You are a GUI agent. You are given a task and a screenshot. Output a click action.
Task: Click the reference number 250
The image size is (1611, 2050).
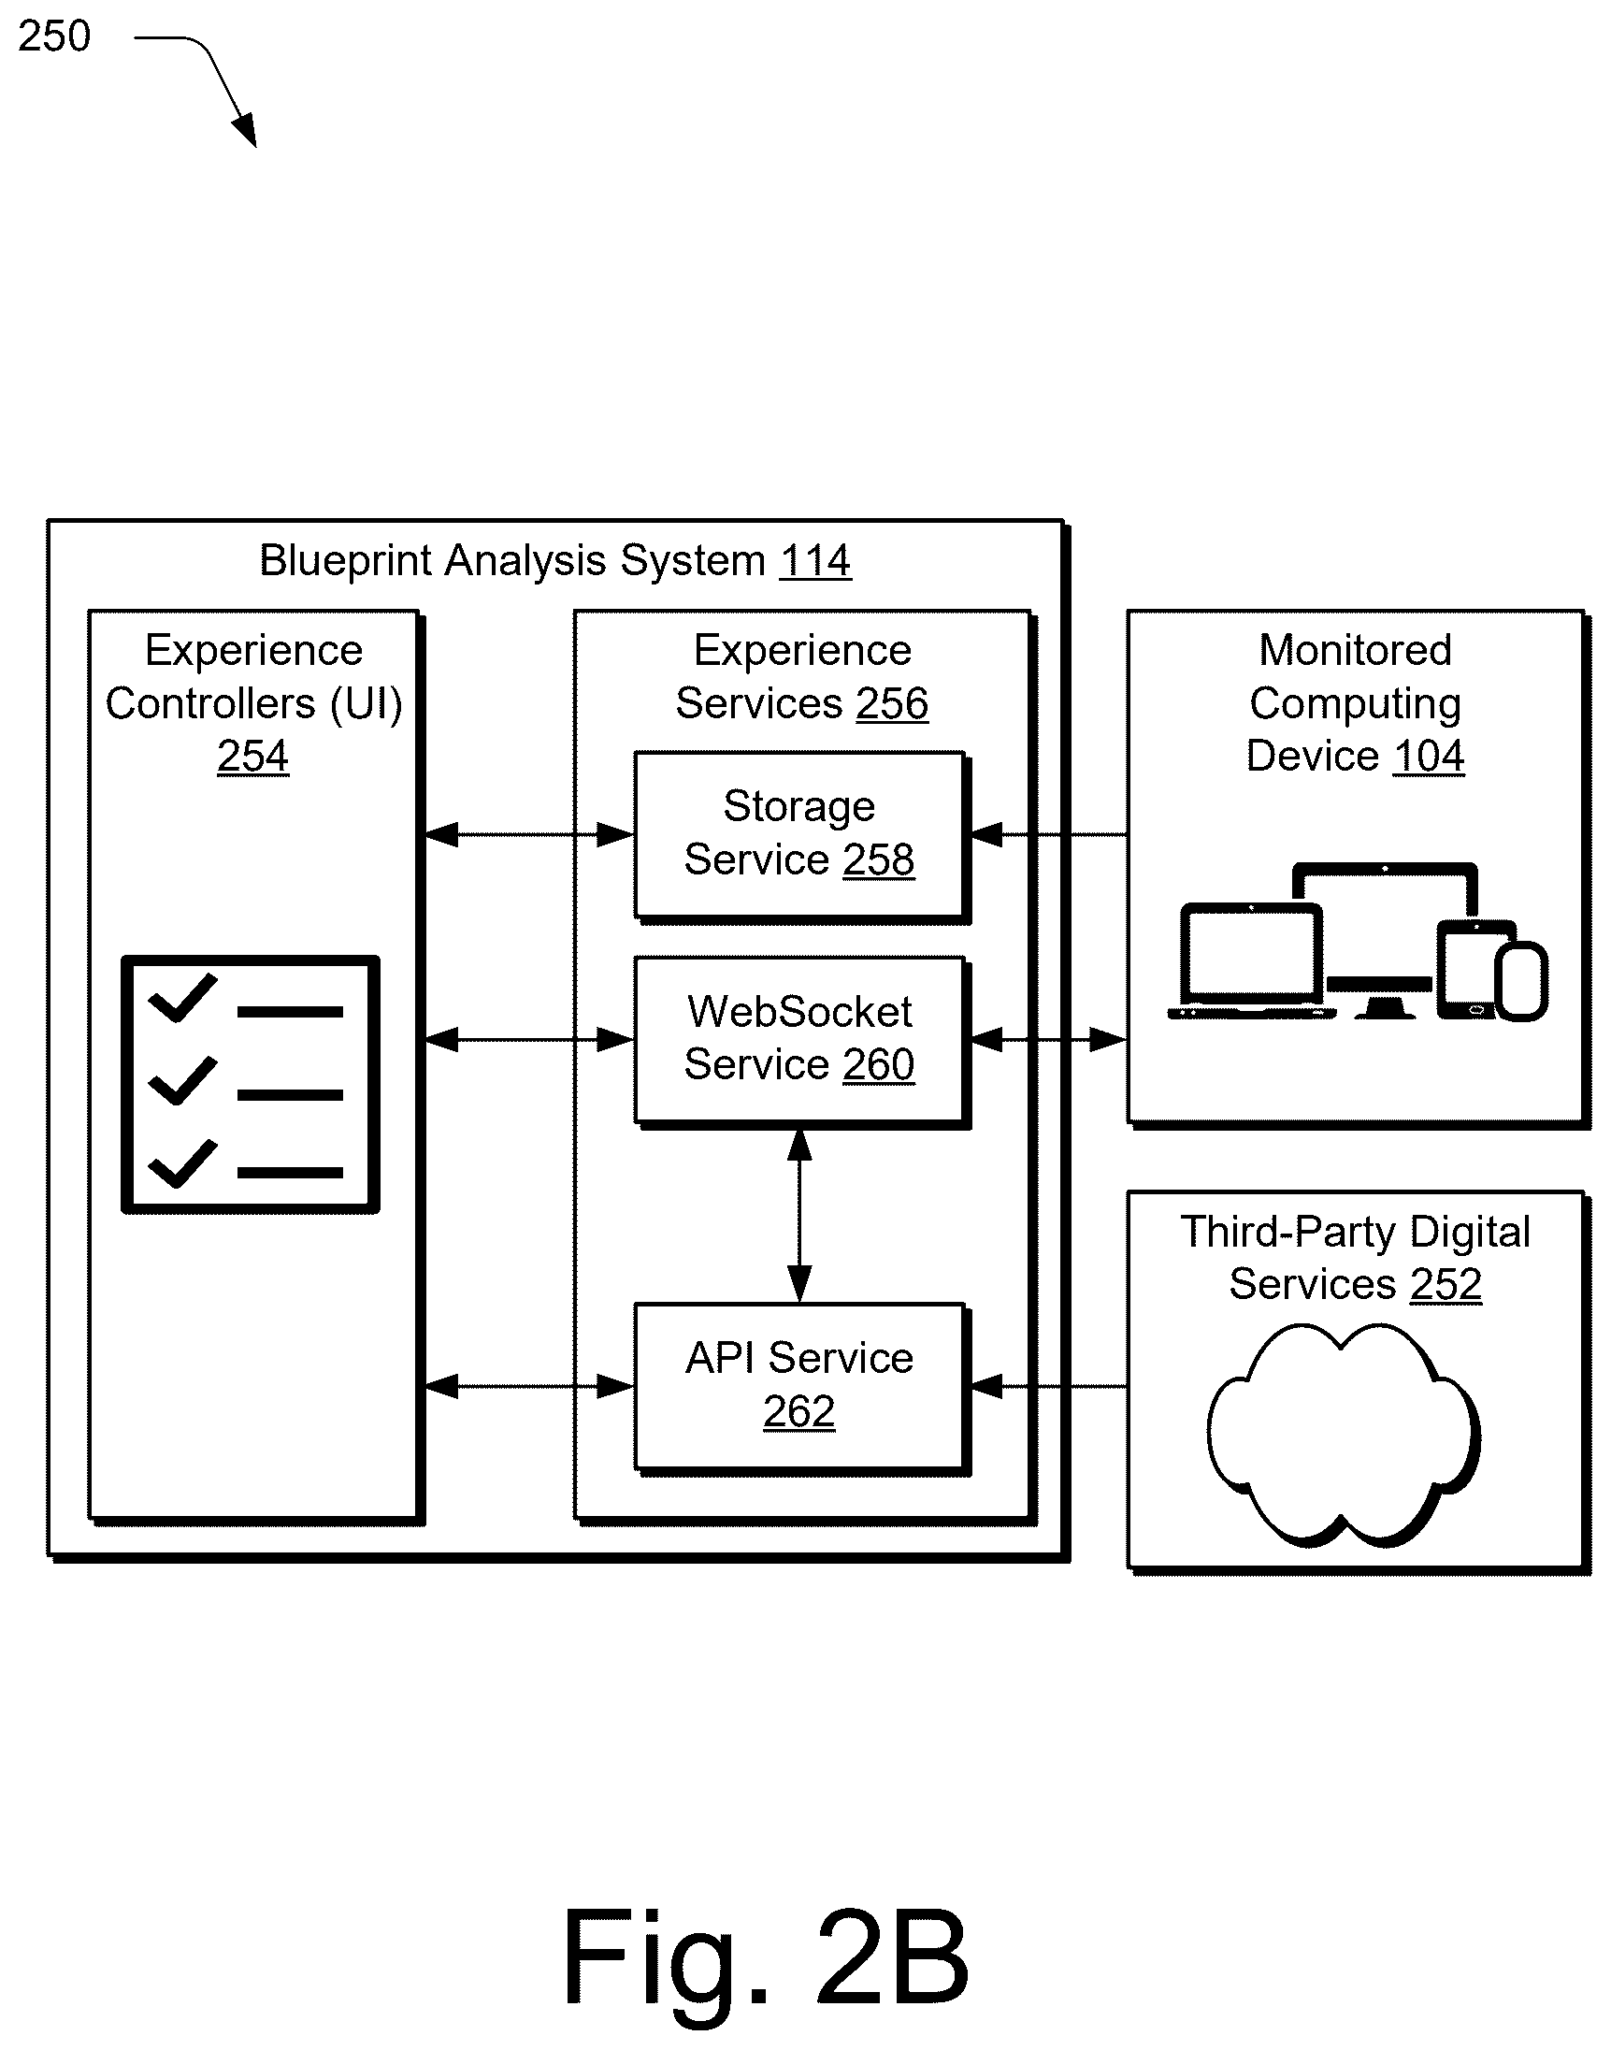point(54,36)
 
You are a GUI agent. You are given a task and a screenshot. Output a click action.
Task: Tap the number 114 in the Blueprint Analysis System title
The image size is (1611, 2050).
point(815,560)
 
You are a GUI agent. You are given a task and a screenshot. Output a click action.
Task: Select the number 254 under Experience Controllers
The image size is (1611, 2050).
point(252,756)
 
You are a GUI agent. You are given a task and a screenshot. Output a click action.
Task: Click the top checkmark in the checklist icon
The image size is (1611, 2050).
point(183,997)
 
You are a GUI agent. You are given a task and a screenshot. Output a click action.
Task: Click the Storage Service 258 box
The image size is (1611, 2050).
point(799,835)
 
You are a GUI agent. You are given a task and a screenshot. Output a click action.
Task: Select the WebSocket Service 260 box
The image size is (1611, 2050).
point(799,1041)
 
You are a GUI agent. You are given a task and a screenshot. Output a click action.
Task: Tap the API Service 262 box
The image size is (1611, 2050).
point(799,1387)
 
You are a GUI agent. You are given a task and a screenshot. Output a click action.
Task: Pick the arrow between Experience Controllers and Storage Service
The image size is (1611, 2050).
point(529,835)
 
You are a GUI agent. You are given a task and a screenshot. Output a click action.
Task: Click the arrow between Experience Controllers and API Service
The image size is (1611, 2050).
point(529,1387)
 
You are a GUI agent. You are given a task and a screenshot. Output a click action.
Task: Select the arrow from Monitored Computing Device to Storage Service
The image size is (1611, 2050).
point(1049,835)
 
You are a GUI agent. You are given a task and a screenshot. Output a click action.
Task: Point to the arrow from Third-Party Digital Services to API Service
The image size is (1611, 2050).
point(1049,1387)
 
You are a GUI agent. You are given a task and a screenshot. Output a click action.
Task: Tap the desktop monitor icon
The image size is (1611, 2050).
point(1384,939)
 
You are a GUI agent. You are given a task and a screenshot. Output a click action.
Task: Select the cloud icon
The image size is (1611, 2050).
point(1345,1435)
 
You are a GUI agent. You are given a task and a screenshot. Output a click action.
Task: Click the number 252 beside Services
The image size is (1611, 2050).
point(1446,1284)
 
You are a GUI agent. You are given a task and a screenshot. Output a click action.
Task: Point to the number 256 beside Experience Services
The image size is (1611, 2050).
point(892,703)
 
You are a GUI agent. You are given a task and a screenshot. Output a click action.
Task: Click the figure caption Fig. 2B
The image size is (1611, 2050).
point(766,1958)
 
